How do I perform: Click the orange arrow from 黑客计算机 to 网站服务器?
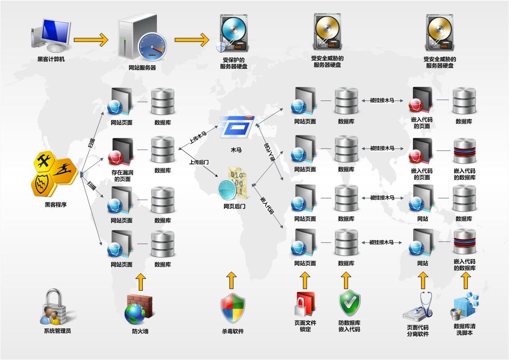point(91,39)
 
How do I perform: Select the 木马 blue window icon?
point(237,127)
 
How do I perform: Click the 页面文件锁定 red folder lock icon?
point(305,304)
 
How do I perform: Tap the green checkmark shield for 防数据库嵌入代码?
point(349,303)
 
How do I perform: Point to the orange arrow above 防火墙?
point(141,282)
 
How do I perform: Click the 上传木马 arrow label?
point(198,138)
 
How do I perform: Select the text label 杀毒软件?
point(233,331)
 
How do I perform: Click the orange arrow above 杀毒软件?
point(232,281)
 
